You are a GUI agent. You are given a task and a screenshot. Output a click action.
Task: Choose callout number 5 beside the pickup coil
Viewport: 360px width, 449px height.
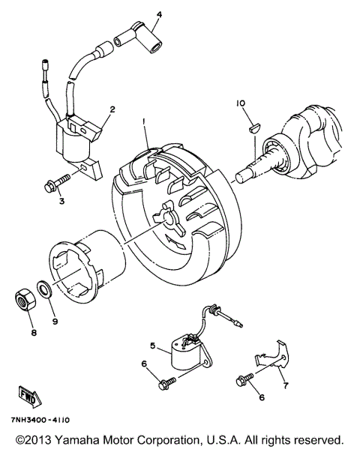(x=152, y=346)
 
